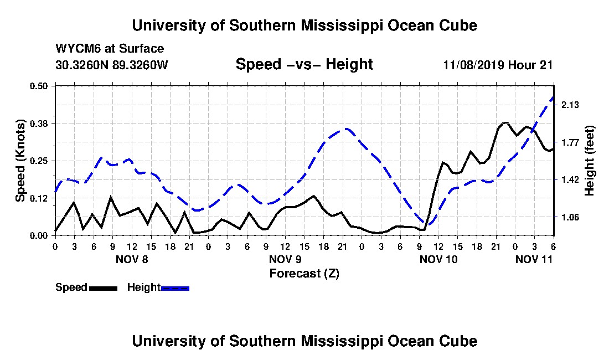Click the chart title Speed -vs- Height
pos(304,64)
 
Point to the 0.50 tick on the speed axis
pos(38,86)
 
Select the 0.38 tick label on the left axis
pos(38,124)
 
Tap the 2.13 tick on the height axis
pos(570,105)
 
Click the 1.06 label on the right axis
pos(570,217)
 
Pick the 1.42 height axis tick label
pos(570,180)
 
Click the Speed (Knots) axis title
pos(20,161)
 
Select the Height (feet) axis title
pos(590,161)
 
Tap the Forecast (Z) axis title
pos(304,274)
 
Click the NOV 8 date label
pos(132,259)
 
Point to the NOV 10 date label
pos(438,259)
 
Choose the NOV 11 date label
pos(534,259)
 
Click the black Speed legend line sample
pos(104,288)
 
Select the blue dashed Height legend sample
pos(175,288)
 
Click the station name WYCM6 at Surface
pos(110,49)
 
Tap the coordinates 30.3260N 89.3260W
pos(112,65)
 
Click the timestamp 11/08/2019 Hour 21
pos(498,65)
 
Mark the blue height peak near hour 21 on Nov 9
pos(345,129)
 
